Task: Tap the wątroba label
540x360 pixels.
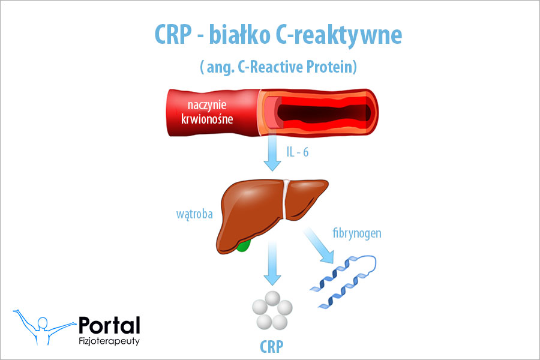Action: click(193, 215)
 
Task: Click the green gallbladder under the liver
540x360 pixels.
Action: click(242, 245)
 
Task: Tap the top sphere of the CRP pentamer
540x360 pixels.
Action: click(272, 298)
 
